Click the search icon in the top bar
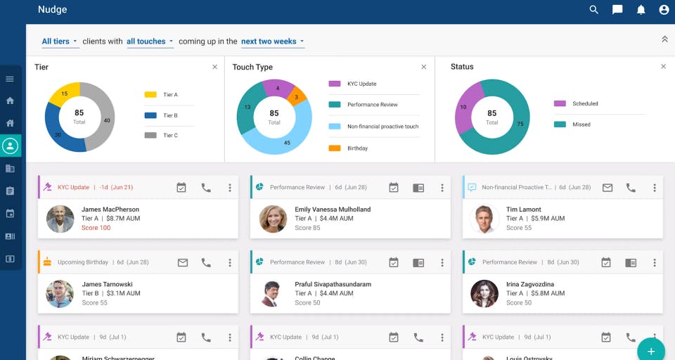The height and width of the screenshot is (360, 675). coord(594,10)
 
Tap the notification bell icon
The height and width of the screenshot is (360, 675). coord(641,10)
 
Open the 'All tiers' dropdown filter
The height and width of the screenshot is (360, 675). coord(60,41)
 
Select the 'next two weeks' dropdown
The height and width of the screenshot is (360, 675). coord(273,41)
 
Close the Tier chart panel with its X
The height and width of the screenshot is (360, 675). coord(214,67)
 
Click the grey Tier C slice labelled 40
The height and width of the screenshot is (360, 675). coord(104,118)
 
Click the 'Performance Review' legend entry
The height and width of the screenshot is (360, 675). coord(372,105)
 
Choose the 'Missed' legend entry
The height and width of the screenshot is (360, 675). coord(581,124)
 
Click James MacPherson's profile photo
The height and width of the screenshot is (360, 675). coord(60,219)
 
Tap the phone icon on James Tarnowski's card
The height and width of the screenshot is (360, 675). coord(206,262)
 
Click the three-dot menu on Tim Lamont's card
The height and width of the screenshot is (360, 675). coord(654,188)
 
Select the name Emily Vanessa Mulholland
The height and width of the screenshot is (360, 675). coord(333,210)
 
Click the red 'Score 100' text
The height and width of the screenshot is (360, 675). coord(96,228)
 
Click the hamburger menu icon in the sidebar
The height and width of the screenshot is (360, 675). coord(10,79)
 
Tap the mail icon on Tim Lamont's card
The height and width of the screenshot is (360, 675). coord(607,188)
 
